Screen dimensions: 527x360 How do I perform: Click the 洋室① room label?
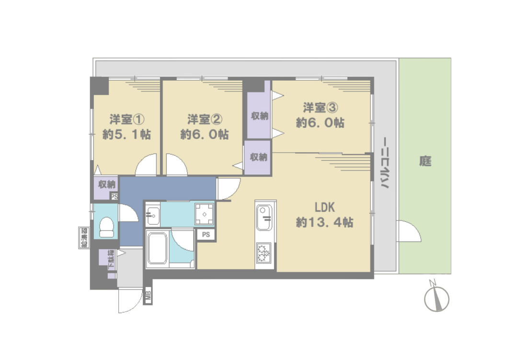pyautogui.click(x=126, y=119)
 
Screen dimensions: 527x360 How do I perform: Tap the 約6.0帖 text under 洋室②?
pyautogui.click(x=205, y=134)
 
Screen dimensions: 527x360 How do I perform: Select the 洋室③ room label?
pyautogui.click(x=321, y=107)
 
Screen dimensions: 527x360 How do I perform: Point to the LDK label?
pyautogui.click(x=325, y=208)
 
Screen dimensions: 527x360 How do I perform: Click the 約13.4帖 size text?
pyautogui.click(x=325, y=222)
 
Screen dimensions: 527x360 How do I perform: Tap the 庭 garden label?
pyautogui.click(x=425, y=161)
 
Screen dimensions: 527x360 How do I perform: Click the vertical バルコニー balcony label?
pyautogui.click(x=384, y=163)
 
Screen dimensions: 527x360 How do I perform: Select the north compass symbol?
pyautogui.click(x=436, y=296)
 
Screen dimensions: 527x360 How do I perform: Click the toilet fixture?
pyautogui.click(x=107, y=227)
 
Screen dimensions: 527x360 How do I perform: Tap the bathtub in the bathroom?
pyautogui.click(x=157, y=248)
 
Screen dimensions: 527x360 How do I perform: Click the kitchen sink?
pyautogui.click(x=264, y=218)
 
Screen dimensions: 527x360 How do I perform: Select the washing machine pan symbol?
pyautogui.click(x=205, y=214)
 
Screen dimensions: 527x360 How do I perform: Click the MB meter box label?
pyautogui.click(x=148, y=296)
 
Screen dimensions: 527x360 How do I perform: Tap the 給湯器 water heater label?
pyautogui.click(x=84, y=238)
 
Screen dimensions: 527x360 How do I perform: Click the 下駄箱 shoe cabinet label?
pyautogui.click(x=111, y=259)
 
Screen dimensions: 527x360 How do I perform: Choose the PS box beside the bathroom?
pyautogui.click(x=206, y=234)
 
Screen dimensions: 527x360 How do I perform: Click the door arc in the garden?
pyautogui.click(x=409, y=231)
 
